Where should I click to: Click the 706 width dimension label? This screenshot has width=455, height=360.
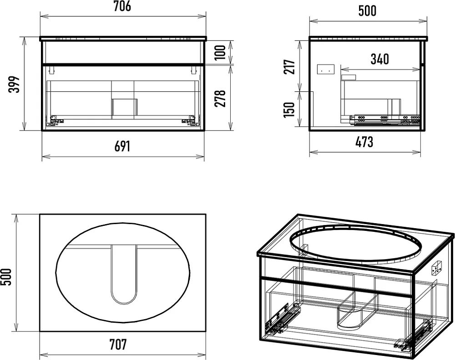click(122, 6)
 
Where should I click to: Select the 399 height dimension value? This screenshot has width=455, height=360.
click(14, 85)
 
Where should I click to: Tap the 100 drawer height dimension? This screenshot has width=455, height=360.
click(220, 52)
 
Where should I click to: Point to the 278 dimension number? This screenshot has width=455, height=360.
click(220, 98)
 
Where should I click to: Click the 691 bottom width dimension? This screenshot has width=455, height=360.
click(122, 146)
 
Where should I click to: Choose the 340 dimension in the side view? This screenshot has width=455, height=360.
click(380, 59)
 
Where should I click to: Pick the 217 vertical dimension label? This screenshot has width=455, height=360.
click(289, 67)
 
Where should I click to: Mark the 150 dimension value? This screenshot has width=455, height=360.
click(289, 110)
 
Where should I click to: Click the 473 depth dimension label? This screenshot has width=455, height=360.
click(364, 142)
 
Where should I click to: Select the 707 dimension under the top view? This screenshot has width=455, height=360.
click(118, 345)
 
